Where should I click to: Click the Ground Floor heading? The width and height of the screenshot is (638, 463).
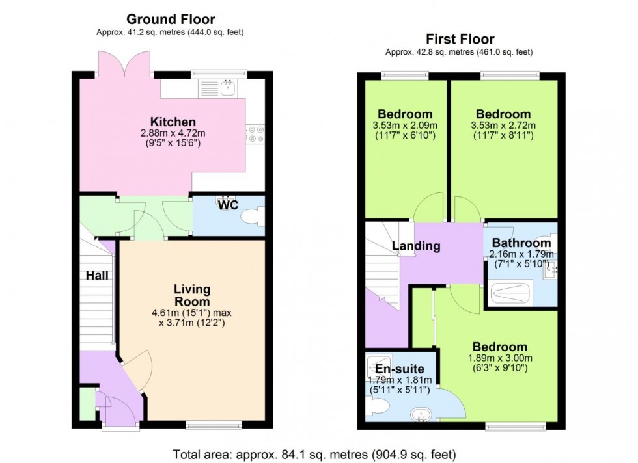click(x=171, y=20)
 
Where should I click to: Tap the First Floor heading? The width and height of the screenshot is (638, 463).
click(x=460, y=39)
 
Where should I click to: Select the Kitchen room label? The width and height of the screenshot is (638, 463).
click(x=173, y=122)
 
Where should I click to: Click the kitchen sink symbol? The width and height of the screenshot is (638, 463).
click(x=228, y=87)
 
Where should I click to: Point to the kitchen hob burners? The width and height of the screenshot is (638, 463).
click(x=255, y=135)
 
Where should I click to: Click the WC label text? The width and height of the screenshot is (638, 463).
click(x=228, y=205)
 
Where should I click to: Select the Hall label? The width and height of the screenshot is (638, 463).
click(x=97, y=276)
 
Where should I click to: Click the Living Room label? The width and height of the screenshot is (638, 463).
click(x=191, y=295)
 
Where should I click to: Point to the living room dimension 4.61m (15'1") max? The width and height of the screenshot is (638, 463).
click(x=191, y=313)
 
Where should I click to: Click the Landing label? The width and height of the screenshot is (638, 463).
click(x=415, y=246)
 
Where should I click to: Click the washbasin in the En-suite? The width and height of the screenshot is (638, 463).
click(x=421, y=414)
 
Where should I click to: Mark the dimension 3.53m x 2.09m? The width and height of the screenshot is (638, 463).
click(x=404, y=126)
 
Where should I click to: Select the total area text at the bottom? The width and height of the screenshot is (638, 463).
click(x=314, y=453)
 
